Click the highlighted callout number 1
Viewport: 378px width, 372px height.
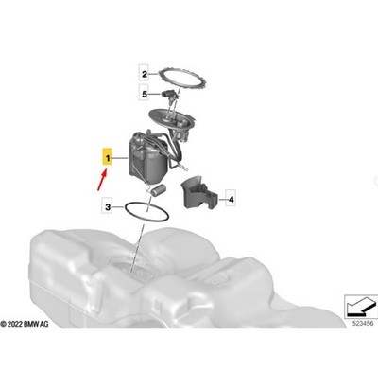point(108,158)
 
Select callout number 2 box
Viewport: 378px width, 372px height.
point(145,75)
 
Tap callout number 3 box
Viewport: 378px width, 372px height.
point(108,207)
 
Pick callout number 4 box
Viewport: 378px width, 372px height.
point(232,200)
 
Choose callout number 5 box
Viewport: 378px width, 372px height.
point(145,94)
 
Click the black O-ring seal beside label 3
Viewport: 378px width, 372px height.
point(147,211)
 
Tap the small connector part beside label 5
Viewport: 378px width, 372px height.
point(170,96)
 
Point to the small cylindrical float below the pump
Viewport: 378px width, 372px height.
point(158,190)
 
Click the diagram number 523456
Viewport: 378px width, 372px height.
point(363,323)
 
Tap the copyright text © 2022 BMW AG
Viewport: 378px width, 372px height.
point(25,324)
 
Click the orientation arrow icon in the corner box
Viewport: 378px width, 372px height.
point(362,306)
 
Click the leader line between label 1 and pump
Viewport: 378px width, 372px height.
point(120,158)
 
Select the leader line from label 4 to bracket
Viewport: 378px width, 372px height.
point(222,200)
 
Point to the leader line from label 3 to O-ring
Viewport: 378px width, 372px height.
point(119,207)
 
